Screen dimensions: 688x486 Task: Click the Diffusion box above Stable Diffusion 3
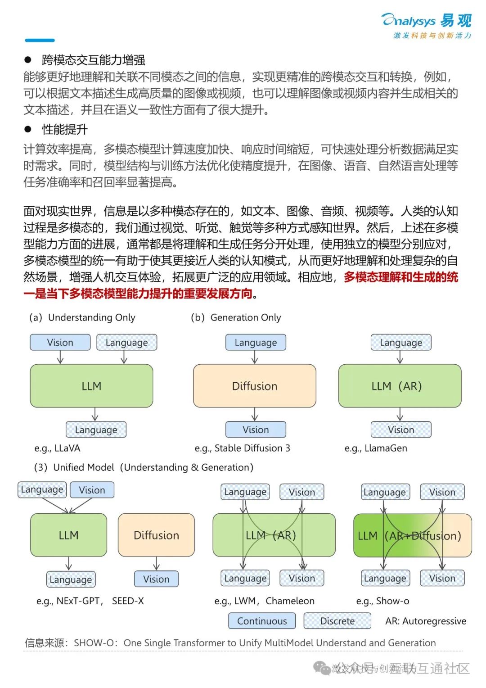pyautogui.click(x=255, y=386)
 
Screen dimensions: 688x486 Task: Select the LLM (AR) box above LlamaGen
pyautogui.click(x=400, y=386)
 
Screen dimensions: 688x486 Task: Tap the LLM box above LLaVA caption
pyautogui.click(x=91, y=386)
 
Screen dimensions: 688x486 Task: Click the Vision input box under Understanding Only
pyautogui.click(x=60, y=342)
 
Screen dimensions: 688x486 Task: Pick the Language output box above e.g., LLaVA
pyautogui.click(x=96, y=430)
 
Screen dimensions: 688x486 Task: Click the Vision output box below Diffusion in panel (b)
pyautogui.click(x=256, y=430)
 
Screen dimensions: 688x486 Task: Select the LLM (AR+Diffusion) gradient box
pyautogui.click(x=412, y=535)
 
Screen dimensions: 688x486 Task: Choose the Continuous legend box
pyautogui.click(x=262, y=621)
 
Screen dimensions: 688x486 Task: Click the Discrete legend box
pyautogui.click(x=337, y=621)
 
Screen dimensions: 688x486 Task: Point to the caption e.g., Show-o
pyautogui.click(x=382, y=601)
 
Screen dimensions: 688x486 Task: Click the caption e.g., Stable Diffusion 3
pyautogui.click(x=242, y=448)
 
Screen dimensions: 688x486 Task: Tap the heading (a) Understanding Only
pyautogui.click(x=82, y=317)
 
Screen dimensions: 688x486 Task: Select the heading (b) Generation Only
pyautogui.click(x=236, y=317)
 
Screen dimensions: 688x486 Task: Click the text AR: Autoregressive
pyautogui.click(x=425, y=621)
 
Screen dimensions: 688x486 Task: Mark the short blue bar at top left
pyautogui.click(x=40, y=41)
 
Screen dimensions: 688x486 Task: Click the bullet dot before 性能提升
pyautogui.click(x=28, y=129)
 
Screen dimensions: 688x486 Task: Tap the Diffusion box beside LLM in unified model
pyautogui.click(x=156, y=535)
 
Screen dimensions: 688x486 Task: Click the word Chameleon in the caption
pyautogui.click(x=290, y=601)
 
